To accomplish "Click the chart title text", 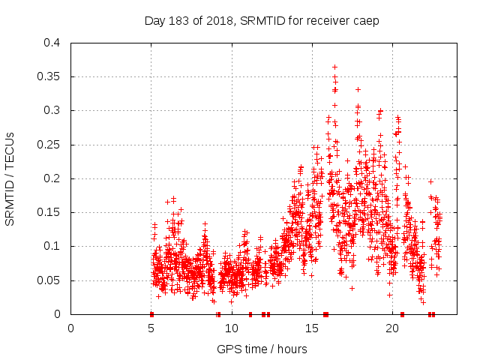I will click(262, 20).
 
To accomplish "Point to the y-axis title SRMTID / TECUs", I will click(10, 178).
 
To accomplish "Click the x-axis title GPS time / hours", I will click(262, 349).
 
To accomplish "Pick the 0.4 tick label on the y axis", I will click(52, 43).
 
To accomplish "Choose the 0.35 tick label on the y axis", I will click(50, 76).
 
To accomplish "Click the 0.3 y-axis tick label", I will click(52, 110).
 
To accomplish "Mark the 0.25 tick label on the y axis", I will click(50, 145).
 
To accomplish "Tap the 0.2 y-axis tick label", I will click(52, 178).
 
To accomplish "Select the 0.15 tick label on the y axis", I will click(50, 212).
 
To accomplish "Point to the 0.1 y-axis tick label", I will click(52, 246).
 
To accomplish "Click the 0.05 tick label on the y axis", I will click(50, 280).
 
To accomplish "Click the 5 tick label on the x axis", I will click(151, 328).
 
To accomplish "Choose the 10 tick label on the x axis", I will click(232, 328).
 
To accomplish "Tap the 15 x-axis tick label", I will click(312, 328).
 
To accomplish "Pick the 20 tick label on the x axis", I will click(392, 328).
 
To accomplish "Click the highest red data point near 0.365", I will click(334, 67).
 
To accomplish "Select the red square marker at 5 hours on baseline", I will click(151, 314).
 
